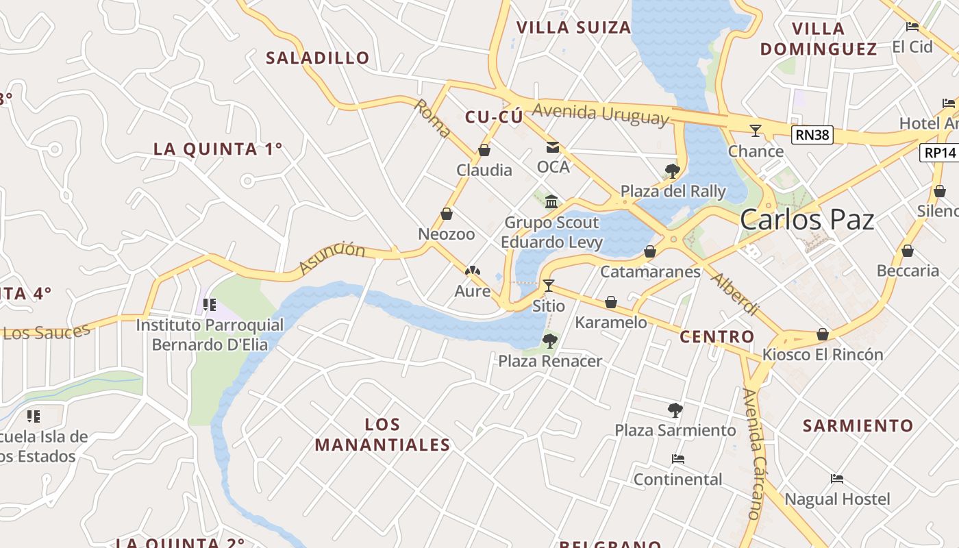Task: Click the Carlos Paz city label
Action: coord(807,220)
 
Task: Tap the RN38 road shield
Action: coord(812,135)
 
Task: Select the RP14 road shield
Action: coord(939,152)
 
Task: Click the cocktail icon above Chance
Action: coord(756,130)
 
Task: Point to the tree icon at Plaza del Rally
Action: coord(672,171)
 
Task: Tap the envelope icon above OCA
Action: coord(553,147)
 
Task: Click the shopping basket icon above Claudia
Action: coord(484,150)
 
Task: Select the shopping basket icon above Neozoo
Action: coord(447,214)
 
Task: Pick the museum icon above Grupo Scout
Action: coord(551,201)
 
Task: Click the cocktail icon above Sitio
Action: coord(548,285)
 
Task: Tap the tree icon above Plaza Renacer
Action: coord(549,340)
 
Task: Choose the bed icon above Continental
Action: coord(678,459)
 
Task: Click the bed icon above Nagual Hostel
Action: coord(837,479)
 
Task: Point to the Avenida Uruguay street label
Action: coord(600,114)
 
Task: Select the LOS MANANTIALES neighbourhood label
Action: coord(382,434)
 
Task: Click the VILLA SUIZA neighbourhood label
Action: coord(573,27)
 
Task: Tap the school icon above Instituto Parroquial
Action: coord(210,304)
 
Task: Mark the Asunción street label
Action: coord(332,257)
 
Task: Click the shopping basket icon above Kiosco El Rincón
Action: coord(823,334)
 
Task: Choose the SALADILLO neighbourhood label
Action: coord(318,58)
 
